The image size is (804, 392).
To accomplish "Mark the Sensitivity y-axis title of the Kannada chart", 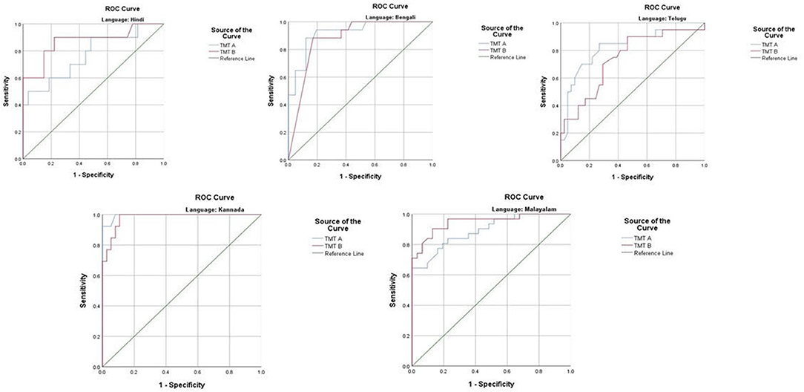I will pyautogui.click(x=82, y=290).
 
